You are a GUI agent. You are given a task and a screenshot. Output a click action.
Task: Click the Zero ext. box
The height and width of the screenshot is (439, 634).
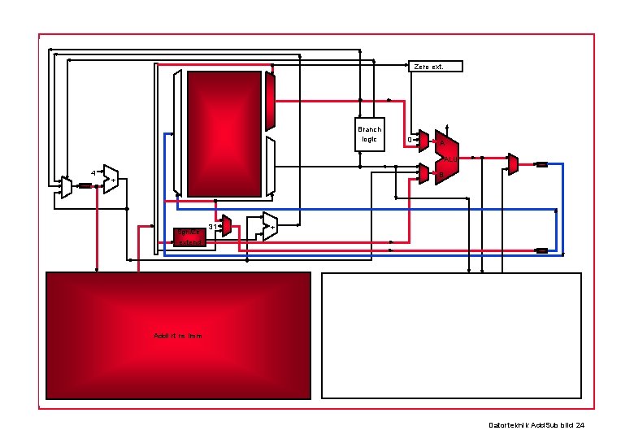[435, 66]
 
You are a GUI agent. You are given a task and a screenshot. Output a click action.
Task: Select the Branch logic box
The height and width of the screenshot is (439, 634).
[370, 135]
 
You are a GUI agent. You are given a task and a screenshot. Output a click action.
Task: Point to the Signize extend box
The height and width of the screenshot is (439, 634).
[189, 237]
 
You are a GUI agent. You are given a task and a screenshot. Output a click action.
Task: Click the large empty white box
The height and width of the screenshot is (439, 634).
[452, 335]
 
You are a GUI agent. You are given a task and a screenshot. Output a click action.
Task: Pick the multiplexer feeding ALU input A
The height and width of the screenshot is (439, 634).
[423, 141]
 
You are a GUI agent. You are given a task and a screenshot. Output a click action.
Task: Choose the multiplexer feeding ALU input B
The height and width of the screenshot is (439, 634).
[423, 173]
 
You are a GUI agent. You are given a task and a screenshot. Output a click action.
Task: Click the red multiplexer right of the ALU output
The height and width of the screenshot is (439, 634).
[513, 163]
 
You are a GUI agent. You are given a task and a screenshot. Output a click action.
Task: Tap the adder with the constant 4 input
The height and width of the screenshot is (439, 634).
[111, 179]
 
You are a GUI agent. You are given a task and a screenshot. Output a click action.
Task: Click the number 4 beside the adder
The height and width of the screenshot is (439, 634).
[93, 173]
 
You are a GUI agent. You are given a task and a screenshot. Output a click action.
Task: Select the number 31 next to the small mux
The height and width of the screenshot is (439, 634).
[213, 226]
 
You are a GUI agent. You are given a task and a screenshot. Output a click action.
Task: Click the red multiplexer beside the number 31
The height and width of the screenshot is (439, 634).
[227, 225]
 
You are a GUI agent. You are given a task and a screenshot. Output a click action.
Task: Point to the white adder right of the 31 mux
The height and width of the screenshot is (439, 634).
[269, 226]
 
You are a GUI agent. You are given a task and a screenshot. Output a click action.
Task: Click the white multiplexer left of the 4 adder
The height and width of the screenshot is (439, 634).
[66, 187]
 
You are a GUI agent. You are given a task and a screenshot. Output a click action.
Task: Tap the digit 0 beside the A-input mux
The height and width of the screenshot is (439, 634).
[410, 141]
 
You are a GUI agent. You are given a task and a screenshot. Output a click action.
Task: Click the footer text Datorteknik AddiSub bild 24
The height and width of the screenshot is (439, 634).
[536, 425]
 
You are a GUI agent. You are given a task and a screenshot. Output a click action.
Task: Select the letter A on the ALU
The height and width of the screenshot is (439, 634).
[441, 145]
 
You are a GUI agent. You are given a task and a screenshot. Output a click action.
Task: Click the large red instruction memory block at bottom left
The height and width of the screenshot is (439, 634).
[178, 335]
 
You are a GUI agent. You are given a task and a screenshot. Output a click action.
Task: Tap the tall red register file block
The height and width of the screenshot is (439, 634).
[224, 134]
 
